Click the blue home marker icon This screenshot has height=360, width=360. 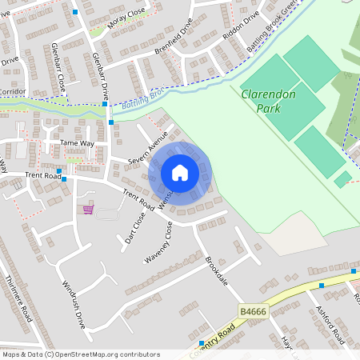coord(180,173)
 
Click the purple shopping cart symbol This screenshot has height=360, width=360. coord(88,210)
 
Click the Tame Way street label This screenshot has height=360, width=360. coord(78,143)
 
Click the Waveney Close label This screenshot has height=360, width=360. coord(158,242)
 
